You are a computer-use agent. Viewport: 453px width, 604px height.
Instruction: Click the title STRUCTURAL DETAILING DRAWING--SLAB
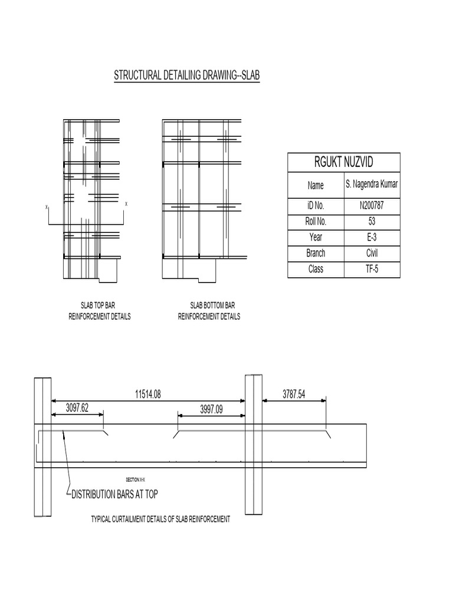[186, 76]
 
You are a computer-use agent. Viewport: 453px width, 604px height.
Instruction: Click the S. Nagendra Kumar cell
[372, 185]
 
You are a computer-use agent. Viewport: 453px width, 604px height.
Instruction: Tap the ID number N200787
[372, 206]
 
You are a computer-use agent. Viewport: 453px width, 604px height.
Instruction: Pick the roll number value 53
[372, 222]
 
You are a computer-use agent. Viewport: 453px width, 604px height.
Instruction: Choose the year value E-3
[372, 238]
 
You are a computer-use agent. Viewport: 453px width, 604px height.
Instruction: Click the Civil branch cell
[372, 254]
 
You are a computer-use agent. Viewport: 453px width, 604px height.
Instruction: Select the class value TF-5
[372, 270]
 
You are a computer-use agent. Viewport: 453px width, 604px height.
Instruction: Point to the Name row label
[316, 185]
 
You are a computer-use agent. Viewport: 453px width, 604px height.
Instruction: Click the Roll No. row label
[316, 222]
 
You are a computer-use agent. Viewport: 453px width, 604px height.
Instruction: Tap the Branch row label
[316, 254]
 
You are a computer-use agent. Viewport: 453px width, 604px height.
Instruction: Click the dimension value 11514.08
[148, 394]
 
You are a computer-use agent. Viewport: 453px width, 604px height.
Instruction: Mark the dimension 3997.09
[211, 408]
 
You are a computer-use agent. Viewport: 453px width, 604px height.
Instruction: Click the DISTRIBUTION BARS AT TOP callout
[114, 494]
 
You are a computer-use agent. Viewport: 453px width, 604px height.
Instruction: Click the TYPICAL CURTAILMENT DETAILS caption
[160, 520]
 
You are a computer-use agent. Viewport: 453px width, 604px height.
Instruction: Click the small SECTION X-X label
[136, 480]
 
